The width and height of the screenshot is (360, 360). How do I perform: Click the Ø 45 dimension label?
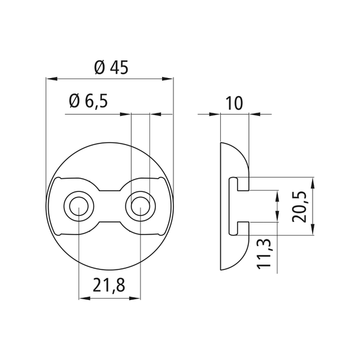pos(111,68)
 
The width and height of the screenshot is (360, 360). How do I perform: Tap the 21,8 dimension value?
pos(109,285)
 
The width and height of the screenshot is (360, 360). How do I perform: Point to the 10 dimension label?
pos(234,103)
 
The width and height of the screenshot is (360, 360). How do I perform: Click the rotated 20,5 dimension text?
pos(299,206)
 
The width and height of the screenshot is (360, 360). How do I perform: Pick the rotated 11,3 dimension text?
pos(264,254)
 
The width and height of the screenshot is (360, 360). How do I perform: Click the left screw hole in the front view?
pos(79,206)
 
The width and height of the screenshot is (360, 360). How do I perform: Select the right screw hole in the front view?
pos(140,206)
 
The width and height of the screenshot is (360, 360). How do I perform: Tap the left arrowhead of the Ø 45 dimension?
pos(52,79)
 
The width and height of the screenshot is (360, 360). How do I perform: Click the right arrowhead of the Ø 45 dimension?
pos(167,79)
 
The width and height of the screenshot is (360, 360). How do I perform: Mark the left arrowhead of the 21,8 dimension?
pos(84,298)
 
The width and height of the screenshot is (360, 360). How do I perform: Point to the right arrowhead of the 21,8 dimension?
pos(135,298)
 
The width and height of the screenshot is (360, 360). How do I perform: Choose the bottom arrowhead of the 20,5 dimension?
pos(313,230)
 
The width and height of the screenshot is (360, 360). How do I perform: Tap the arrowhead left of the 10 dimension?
pos(215,114)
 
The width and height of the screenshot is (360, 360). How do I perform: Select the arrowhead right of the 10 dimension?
pos(254,114)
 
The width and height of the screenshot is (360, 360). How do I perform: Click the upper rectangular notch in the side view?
pos(243,184)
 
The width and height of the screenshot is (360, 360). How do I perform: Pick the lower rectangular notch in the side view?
pos(243,229)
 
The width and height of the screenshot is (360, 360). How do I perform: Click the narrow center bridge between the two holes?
pos(110,206)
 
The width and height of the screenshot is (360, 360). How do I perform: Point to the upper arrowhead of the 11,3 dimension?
pos(277,196)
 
